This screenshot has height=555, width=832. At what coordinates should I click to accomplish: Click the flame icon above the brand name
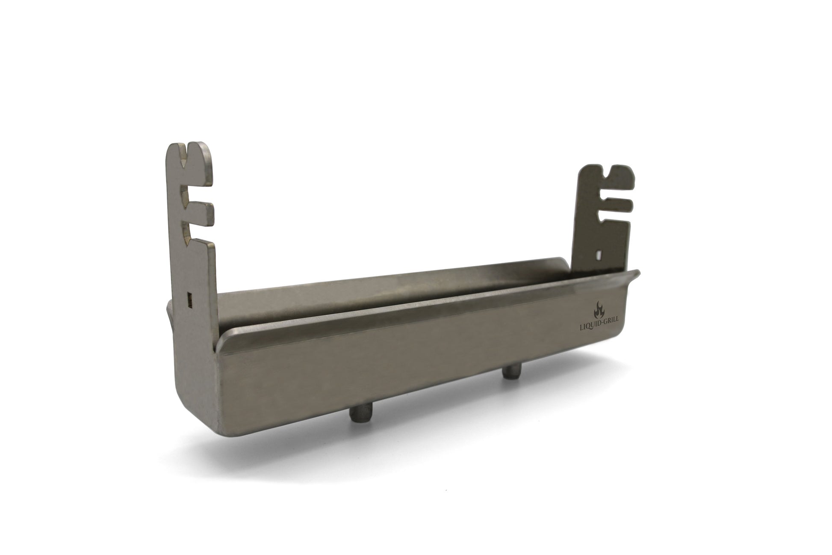(x=599, y=309)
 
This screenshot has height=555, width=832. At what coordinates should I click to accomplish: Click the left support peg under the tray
(x=357, y=414)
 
